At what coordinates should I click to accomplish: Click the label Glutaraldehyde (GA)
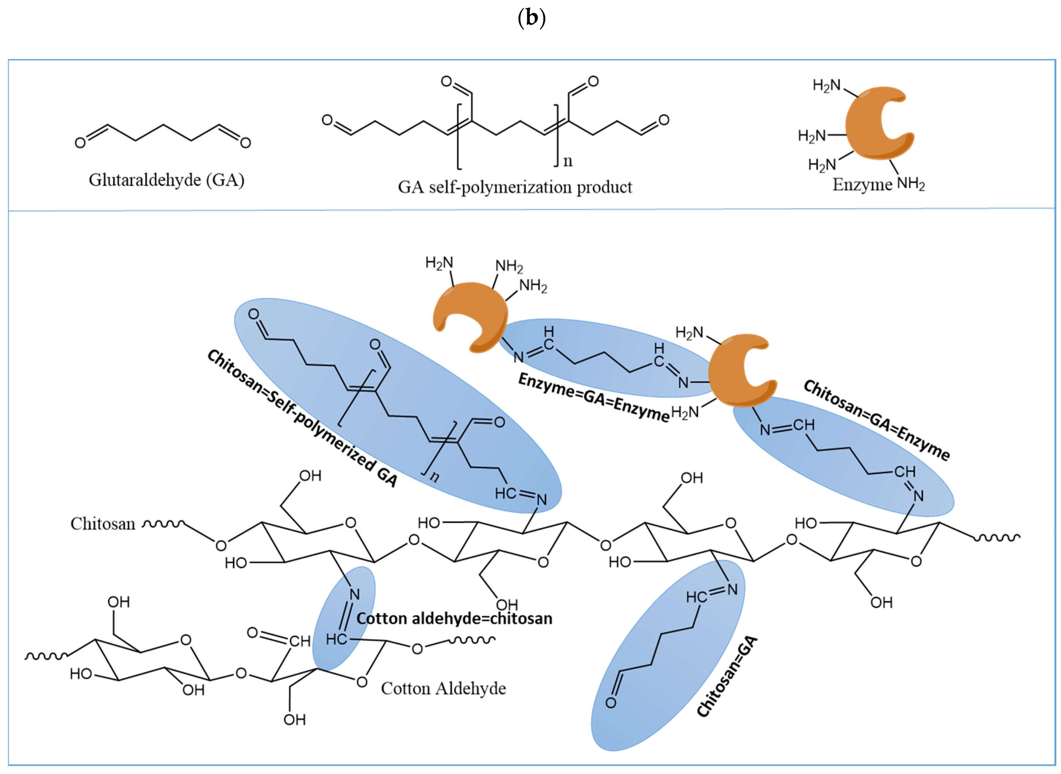click(x=166, y=180)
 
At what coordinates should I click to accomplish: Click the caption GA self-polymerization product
click(x=515, y=187)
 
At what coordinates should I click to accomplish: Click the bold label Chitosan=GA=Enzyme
click(x=876, y=420)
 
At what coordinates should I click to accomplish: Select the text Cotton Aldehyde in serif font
click(x=443, y=688)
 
